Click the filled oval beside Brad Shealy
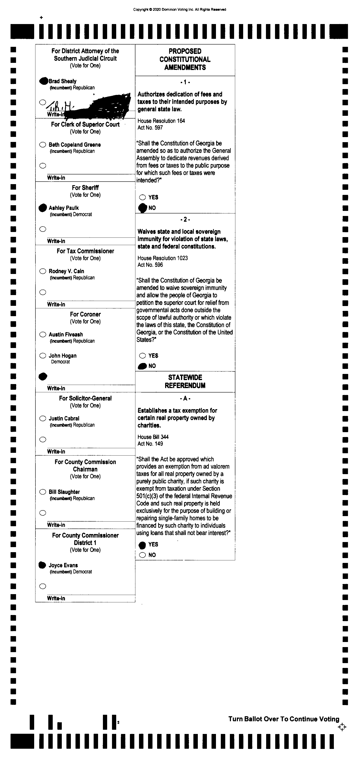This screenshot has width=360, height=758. click(43, 81)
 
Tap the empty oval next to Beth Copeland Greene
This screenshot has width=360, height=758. click(43, 144)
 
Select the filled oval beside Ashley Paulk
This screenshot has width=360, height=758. click(43, 208)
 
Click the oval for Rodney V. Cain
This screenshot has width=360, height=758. click(43, 271)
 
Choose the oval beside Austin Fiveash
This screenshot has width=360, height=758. click(43, 334)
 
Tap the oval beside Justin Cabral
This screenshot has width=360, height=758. click(43, 418)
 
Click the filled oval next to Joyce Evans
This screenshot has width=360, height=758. click(42, 565)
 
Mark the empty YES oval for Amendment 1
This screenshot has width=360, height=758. click(143, 197)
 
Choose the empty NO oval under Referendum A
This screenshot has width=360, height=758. click(143, 555)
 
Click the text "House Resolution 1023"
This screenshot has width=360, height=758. click(162, 258)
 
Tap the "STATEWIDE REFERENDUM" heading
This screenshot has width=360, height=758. click(185, 381)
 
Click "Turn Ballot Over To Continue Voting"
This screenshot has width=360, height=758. click(284, 719)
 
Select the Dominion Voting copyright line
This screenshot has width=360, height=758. click(179, 9)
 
